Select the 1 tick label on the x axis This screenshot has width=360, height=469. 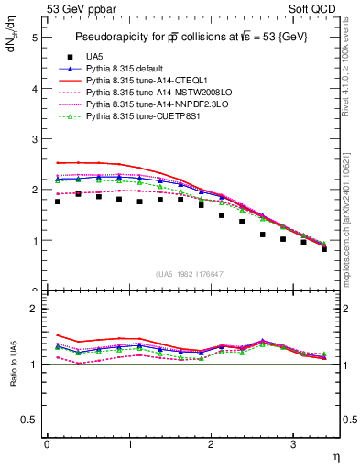pos(129,444)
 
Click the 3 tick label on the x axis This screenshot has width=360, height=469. pos(293,444)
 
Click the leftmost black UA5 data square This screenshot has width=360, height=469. pos(58,202)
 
